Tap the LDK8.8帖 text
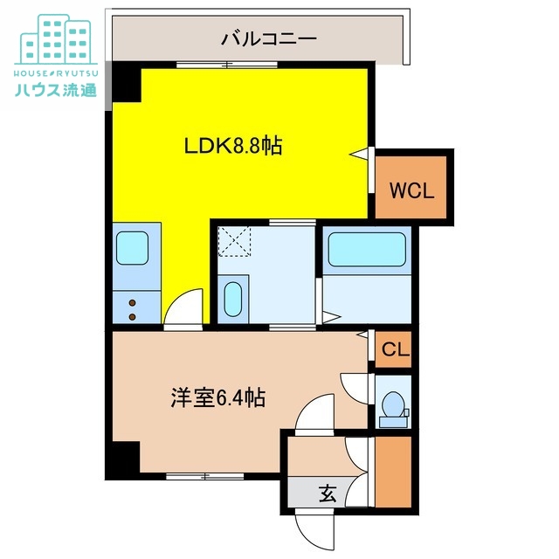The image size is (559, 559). click(232, 146)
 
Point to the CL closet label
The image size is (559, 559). click(396, 350)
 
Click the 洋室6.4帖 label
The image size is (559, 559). click(218, 398)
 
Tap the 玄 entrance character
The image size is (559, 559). click(327, 493)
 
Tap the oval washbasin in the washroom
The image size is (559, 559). click(232, 300)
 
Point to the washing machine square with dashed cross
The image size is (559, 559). click(234, 239)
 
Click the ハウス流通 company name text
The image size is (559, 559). click(55, 90)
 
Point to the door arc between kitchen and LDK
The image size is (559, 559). click(183, 307)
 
